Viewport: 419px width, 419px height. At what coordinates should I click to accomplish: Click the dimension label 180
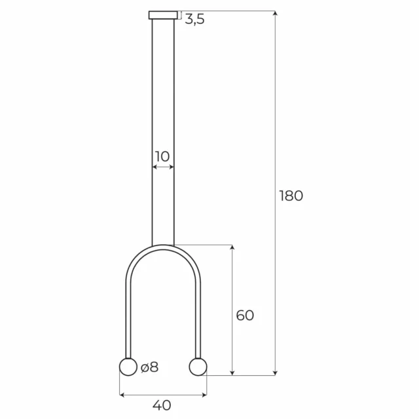[291, 196]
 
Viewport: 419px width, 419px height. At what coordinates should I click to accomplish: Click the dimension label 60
[244, 316]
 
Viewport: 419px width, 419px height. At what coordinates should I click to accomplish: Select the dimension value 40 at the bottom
[162, 405]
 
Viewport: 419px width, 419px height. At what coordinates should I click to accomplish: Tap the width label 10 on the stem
[162, 156]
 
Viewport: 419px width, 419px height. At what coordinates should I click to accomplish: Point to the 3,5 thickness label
[194, 20]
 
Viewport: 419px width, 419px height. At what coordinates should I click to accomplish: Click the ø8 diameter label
[149, 367]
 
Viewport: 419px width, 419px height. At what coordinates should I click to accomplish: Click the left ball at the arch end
[128, 367]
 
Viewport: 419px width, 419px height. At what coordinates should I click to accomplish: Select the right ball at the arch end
[197, 367]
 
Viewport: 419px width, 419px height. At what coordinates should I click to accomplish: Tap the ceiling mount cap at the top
[163, 15]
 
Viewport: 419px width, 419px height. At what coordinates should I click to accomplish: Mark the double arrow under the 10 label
[163, 168]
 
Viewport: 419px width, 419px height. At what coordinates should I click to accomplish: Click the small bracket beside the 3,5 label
[179, 16]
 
